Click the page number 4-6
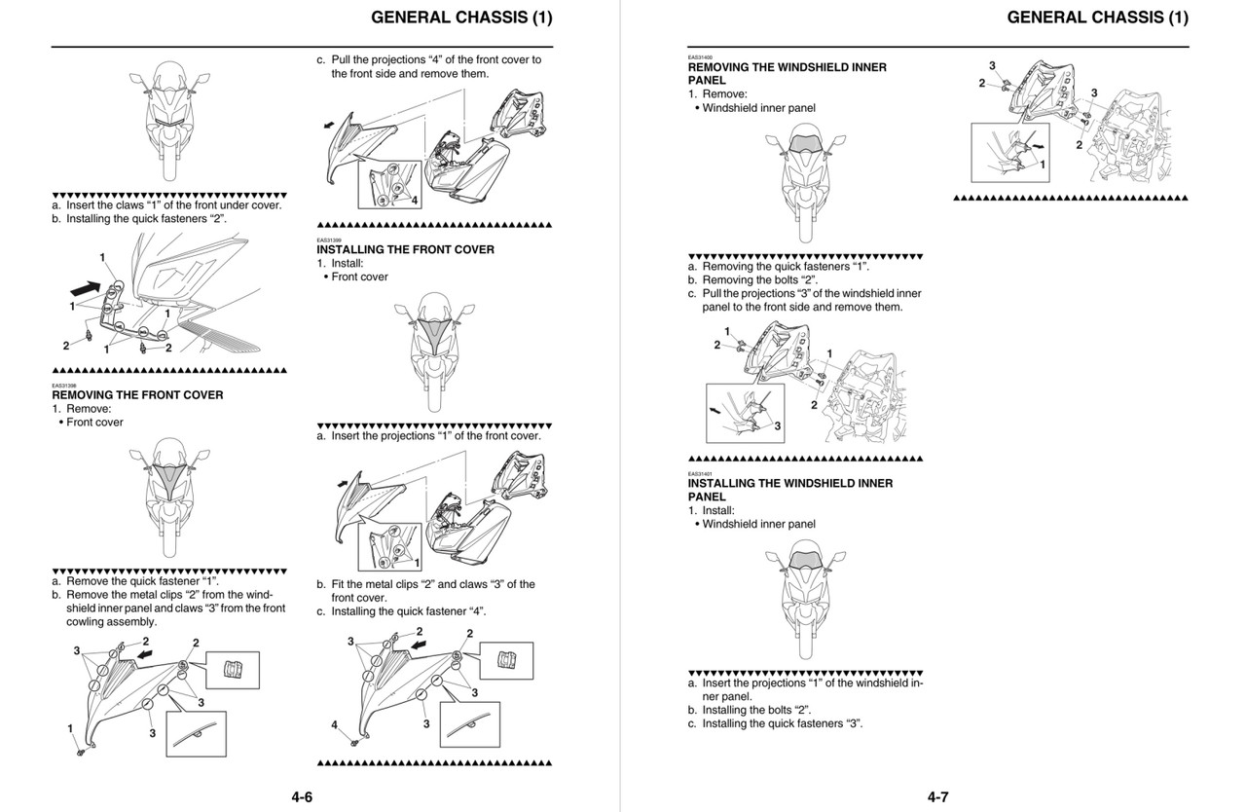[301, 796]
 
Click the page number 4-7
[937, 796]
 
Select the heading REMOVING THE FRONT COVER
[137, 395]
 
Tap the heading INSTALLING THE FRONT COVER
[405, 249]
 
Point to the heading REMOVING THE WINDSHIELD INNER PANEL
[787, 74]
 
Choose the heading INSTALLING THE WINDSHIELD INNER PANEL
[789, 490]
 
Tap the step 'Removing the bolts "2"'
[759, 279]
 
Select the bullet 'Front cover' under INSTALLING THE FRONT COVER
[359, 277]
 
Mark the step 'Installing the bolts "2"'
[756, 710]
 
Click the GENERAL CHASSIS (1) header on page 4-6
[461, 18]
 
